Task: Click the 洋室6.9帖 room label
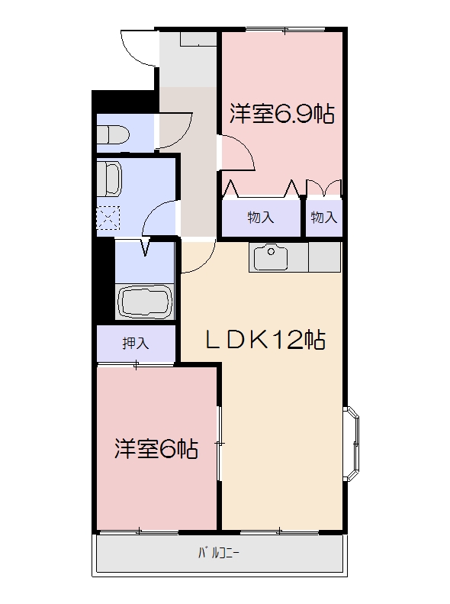point(281,115)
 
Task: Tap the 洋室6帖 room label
point(156,448)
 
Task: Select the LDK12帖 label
point(267,340)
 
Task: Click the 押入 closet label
point(136,344)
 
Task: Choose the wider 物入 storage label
point(260,218)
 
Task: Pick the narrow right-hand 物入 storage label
point(323,218)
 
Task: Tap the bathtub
point(146,302)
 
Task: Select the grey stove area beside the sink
point(323,257)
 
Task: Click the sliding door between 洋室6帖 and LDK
point(219,443)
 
